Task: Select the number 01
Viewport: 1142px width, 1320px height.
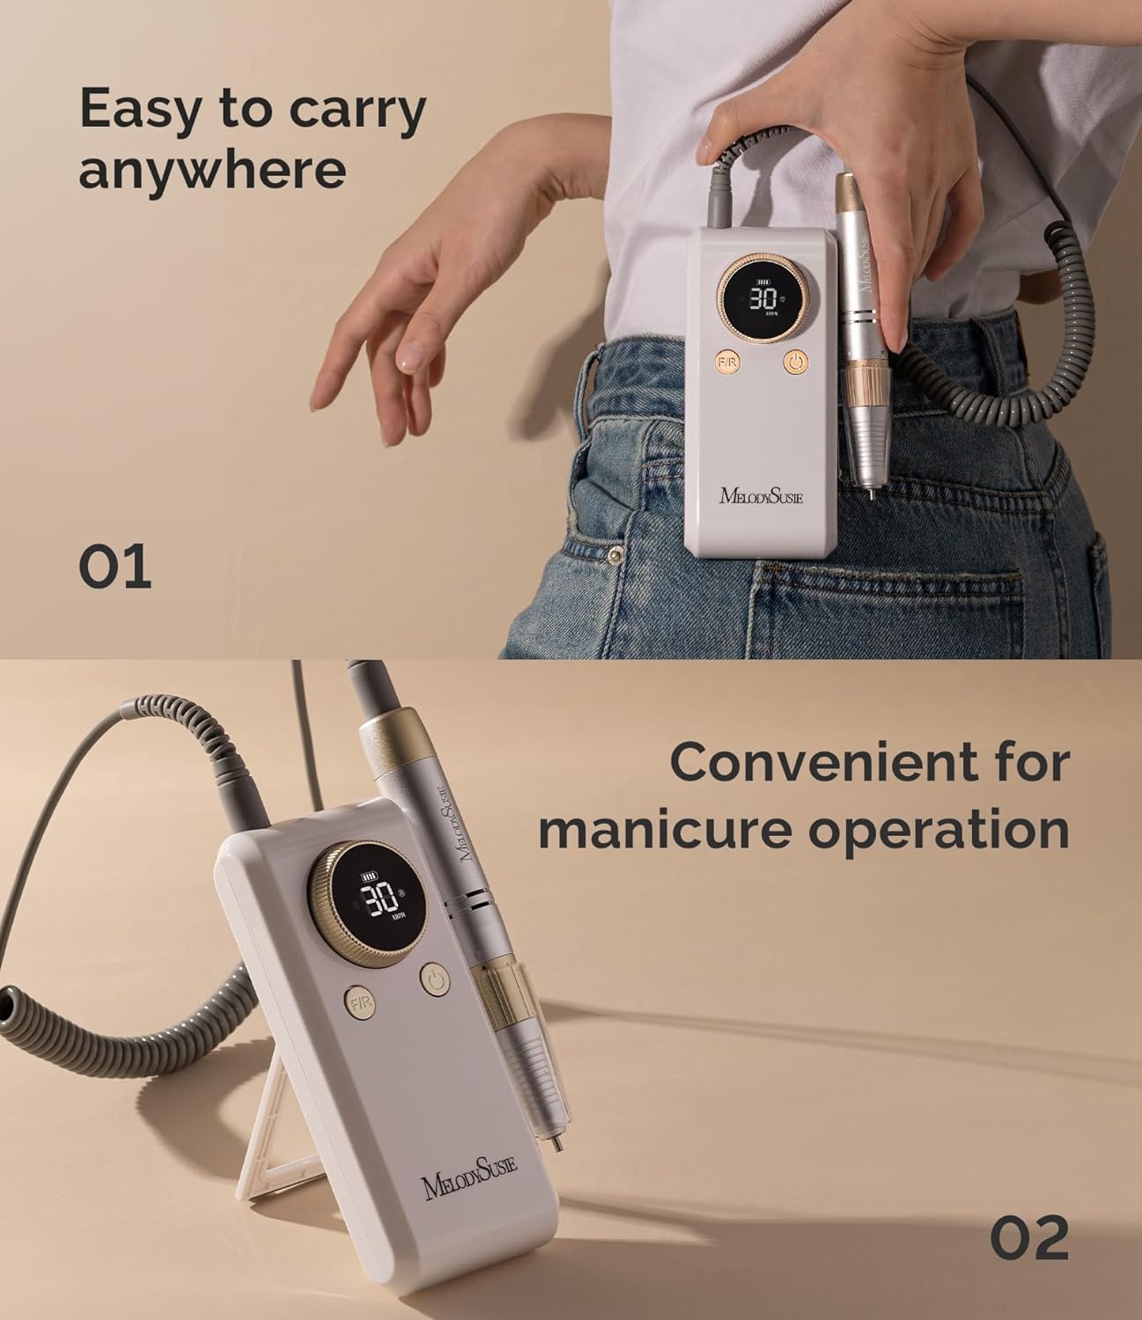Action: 115,567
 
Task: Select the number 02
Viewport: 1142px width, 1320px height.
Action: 1029,1237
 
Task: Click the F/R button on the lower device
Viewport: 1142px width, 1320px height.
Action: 359,1003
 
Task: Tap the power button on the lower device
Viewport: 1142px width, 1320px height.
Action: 435,980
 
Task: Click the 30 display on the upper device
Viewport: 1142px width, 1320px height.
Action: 763,298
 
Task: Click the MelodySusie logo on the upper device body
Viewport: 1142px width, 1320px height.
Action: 761,495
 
